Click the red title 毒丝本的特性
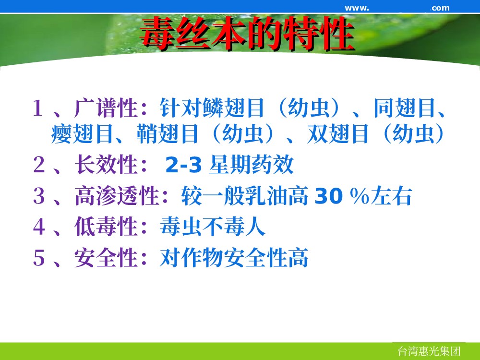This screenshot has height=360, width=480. click(x=247, y=33)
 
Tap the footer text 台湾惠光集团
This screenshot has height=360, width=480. click(x=429, y=351)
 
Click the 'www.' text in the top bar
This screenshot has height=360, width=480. click(x=357, y=8)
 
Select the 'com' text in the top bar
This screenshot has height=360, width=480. click(x=441, y=8)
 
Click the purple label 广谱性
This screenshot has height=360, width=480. click(x=106, y=108)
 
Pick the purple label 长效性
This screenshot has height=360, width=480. click(x=106, y=164)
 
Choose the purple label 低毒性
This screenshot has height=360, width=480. click(x=106, y=227)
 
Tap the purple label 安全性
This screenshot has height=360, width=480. click(x=106, y=258)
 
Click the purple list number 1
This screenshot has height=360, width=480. click(x=38, y=108)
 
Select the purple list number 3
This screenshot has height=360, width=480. click(x=39, y=196)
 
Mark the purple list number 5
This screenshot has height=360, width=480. click(x=39, y=258)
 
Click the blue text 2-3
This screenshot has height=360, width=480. click(x=183, y=165)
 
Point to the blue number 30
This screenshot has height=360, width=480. click(x=328, y=196)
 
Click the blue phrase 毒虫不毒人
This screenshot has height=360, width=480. click(x=213, y=227)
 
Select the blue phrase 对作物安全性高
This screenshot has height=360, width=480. click(x=234, y=258)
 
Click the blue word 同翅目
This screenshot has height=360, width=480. click(x=405, y=108)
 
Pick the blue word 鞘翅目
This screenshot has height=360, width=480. click(x=167, y=134)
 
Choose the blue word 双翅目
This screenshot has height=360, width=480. click(x=337, y=134)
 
